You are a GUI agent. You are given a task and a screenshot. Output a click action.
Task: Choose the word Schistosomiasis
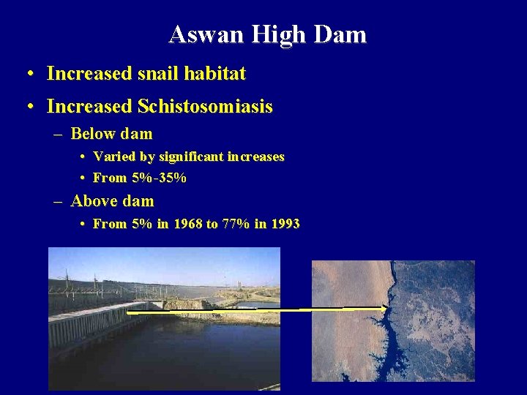(205, 107)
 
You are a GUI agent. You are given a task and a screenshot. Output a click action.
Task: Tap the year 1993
(285, 224)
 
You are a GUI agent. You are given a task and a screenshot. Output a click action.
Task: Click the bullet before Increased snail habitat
(29, 74)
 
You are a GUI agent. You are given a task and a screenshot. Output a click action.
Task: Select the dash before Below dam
(58, 135)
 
